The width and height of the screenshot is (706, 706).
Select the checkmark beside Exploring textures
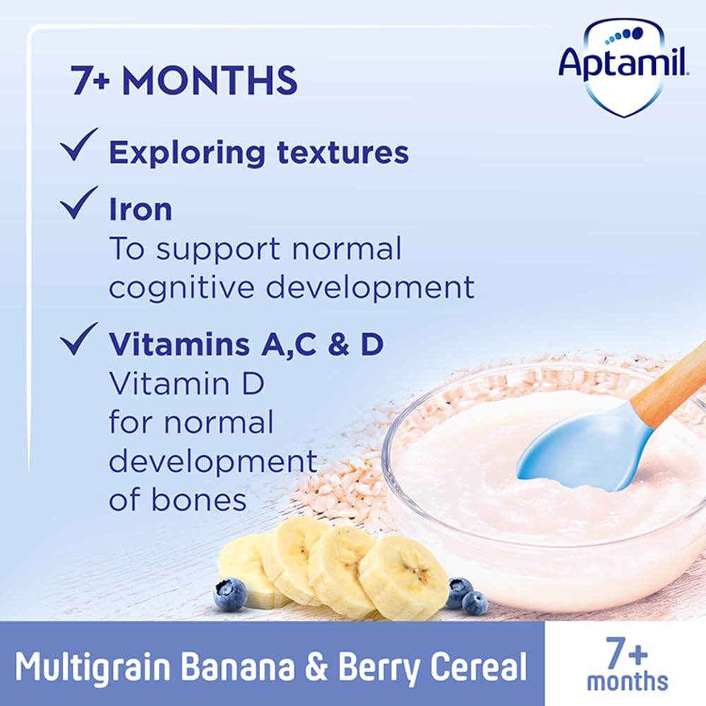tap(78, 149)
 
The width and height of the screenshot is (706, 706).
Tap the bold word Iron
tap(140, 210)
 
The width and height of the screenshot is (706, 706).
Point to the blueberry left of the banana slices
tap(230, 594)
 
